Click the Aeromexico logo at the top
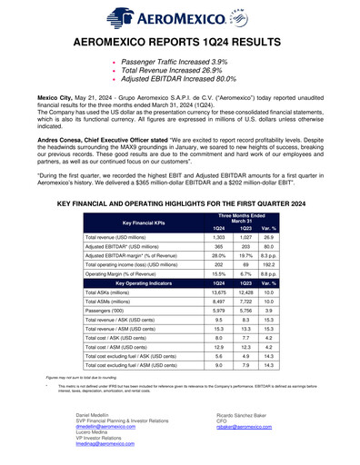[x=180, y=15]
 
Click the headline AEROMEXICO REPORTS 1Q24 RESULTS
[x=180, y=43]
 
